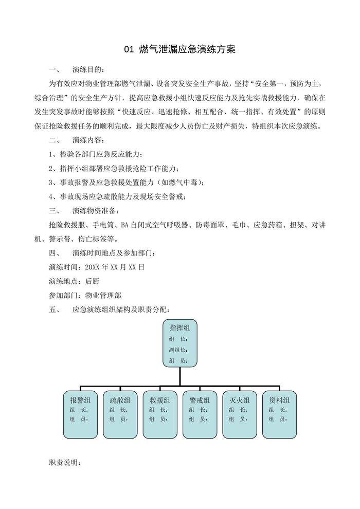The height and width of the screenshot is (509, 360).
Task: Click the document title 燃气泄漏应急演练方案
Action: [187, 50]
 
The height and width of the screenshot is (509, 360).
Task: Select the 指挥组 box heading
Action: [179, 328]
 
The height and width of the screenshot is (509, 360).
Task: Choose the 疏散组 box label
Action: [120, 399]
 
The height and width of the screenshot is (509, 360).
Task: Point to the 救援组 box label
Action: [159, 399]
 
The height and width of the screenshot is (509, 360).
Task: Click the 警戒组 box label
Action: [200, 399]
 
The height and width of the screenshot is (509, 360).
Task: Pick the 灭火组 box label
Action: [239, 399]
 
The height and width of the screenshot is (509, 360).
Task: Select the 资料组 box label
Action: [279, 399]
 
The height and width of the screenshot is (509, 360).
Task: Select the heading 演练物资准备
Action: [95, 211]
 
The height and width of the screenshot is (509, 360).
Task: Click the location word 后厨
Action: [92, 281]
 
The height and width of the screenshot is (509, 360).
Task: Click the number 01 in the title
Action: [129, 50]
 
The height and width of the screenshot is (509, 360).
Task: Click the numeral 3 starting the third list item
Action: [51, 183]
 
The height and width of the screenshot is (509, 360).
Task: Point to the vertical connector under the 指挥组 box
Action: [179, 375]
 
